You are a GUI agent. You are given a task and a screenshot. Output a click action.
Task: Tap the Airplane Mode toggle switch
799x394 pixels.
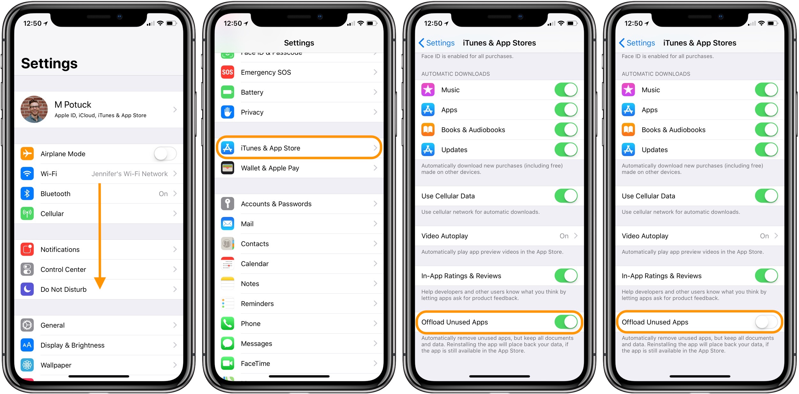(x=165, y=154)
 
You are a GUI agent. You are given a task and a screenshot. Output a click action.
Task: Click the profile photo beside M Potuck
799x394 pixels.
(x=34, y=109)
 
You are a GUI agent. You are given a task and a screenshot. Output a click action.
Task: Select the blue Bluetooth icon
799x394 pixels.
(x=27, y=193)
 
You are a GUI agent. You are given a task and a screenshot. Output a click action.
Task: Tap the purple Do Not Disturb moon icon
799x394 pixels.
(x=27, y=289)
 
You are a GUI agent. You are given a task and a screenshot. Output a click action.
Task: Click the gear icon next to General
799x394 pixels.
(x=27, y=325)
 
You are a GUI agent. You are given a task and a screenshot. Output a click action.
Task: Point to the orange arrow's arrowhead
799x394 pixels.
(x=100, y=283)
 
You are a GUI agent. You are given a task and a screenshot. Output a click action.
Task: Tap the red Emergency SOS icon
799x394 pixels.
(x=228, y=72)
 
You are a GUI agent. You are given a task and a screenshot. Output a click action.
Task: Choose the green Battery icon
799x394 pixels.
(x=228, y=92)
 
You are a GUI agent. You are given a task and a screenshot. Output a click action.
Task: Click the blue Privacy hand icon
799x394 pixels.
(x=228, y=112)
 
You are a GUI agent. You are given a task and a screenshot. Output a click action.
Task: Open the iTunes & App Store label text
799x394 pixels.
(x=271, y=148)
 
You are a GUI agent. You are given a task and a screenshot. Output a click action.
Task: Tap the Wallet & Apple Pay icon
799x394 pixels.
(x=228, y=168)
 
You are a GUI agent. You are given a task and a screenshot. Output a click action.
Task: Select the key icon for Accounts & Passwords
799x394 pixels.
(x=228, y=204)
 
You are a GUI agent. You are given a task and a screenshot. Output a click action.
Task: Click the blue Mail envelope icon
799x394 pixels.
(x=228, y=224)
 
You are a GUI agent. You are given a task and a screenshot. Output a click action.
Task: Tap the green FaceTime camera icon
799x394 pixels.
(x=228, y=363)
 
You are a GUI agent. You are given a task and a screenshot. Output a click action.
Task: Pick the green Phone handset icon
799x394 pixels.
(x=228, y=323)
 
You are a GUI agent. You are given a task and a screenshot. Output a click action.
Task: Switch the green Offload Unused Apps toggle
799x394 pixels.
(x=566, y=322)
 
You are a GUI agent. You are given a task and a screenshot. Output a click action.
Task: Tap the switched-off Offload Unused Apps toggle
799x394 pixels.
(x=766, y=322)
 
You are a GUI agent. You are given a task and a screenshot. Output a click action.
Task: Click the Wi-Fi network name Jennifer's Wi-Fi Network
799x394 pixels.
(x=130, y=174)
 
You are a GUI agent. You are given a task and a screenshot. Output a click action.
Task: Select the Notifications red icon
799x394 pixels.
(x=27, y=249)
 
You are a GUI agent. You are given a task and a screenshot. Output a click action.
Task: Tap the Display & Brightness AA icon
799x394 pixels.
(x=27, y=345)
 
